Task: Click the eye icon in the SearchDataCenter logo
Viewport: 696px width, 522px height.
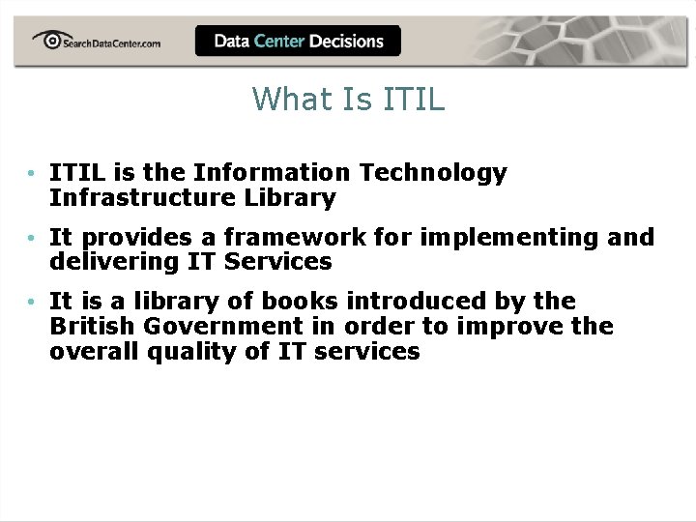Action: [x=47, y=39]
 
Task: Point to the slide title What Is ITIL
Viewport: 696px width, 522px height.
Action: [x=348, y=99]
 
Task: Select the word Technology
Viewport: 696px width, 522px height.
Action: [x=433, y=173]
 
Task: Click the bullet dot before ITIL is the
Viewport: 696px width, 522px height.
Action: [x=33, y=174]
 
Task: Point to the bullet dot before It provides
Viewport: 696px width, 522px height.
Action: [x=33, y=238]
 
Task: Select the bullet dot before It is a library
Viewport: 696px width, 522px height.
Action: [x=33, y=302]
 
